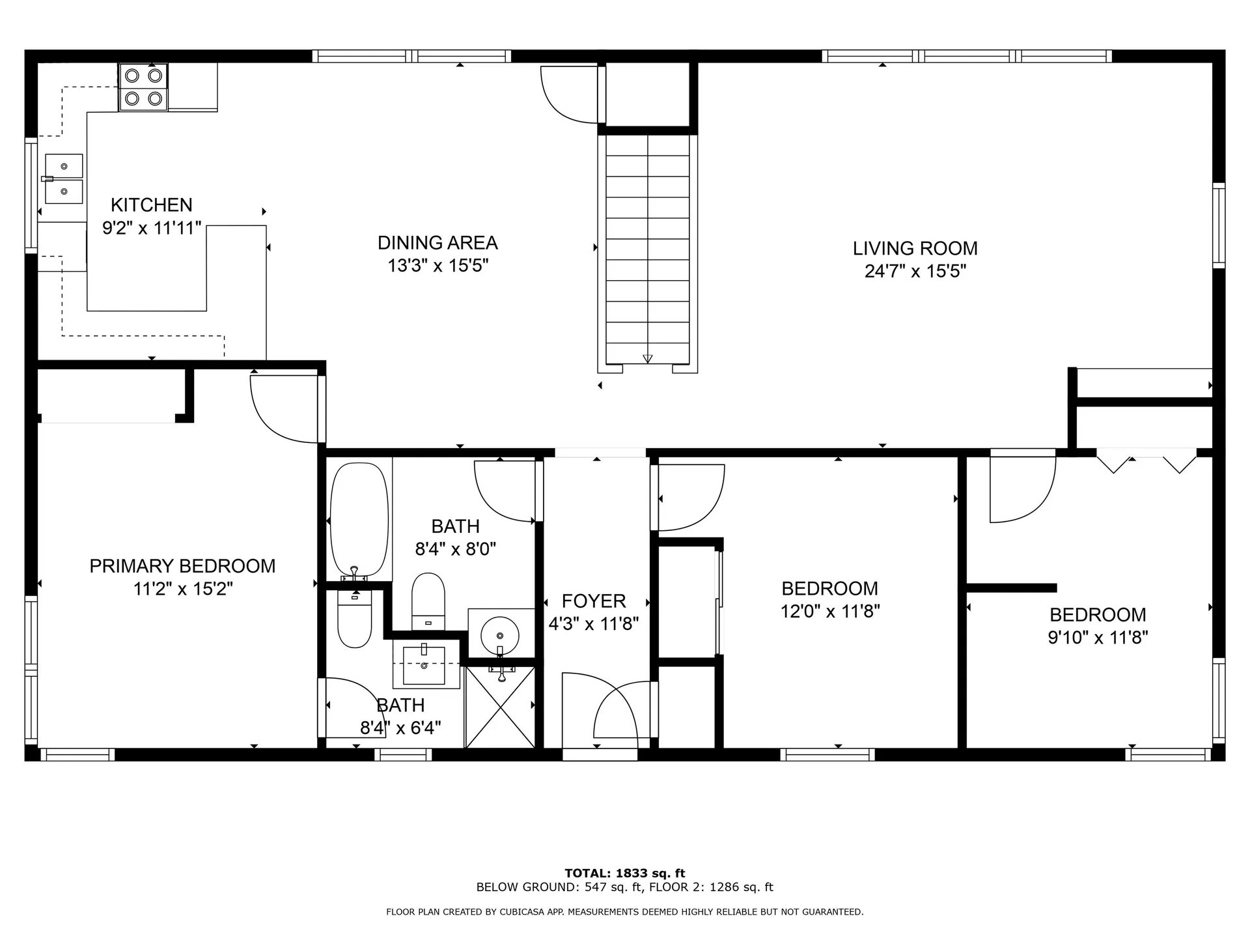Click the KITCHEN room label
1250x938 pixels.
(151, 205)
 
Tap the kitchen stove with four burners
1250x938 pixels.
(143, 87)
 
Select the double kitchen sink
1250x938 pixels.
(64, 178)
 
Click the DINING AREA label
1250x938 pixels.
(437, 243)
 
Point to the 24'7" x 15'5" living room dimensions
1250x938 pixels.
(915, 271)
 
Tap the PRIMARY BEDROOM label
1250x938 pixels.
(182, 566)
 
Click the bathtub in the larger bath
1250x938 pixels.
(359, 519)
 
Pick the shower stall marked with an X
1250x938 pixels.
(500, 707)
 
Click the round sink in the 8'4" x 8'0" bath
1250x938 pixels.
(499, 633)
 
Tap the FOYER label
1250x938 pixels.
(594, 601)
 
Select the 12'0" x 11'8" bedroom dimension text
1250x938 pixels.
(830, 612)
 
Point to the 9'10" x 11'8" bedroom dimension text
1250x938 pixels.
(1098, 637)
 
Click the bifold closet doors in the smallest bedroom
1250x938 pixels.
(1146, 461)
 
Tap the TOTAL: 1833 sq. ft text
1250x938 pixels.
(624, 874)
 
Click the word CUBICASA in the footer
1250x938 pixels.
(521, 912)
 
